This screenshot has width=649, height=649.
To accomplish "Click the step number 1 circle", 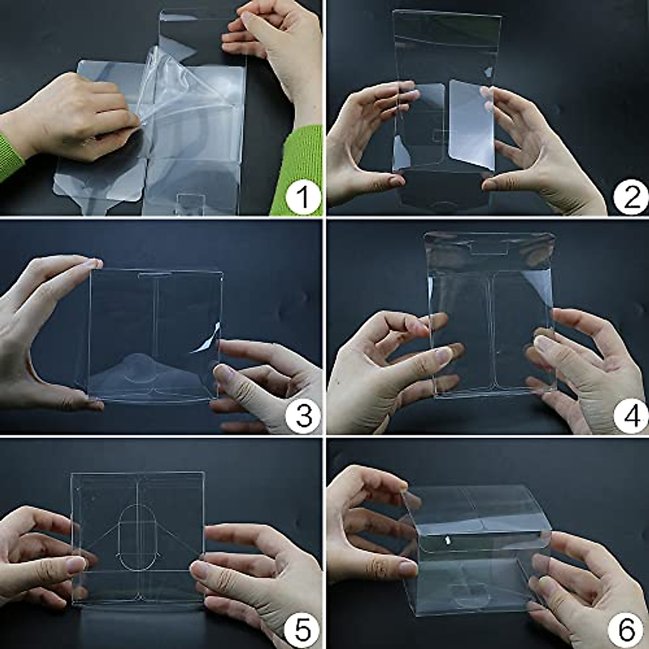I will click(x=303, y=197).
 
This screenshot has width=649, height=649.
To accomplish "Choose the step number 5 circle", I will click(x=303, y=631).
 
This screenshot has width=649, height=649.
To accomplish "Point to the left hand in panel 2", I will click(x=362, y=141).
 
